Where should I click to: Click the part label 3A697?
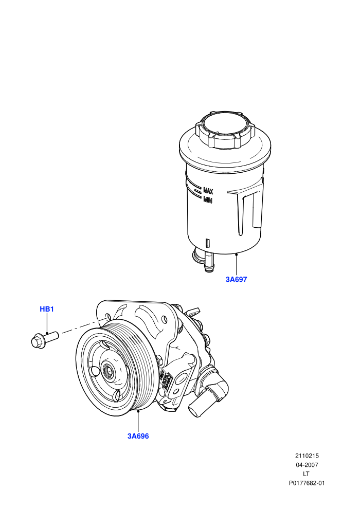click(x=237, y=279)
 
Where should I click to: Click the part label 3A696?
click(x=138, y=436)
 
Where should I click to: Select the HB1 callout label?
click(x=47, y=309)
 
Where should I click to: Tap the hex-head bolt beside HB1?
click(x=44, y=339)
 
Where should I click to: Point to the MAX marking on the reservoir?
click(x=208, y=190)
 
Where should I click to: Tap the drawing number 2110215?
click(x=307, y=456)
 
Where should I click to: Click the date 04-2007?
click(x=307, y=465)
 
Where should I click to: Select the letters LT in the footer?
click(x=306, y=474)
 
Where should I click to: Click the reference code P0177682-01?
click(x=307, y=483)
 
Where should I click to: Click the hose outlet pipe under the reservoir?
click(x=209, y=262)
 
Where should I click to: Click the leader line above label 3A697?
click(x=237, y=265)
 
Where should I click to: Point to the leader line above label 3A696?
click(x=138, y=422)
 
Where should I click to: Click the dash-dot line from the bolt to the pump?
click(x=84, y=326)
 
